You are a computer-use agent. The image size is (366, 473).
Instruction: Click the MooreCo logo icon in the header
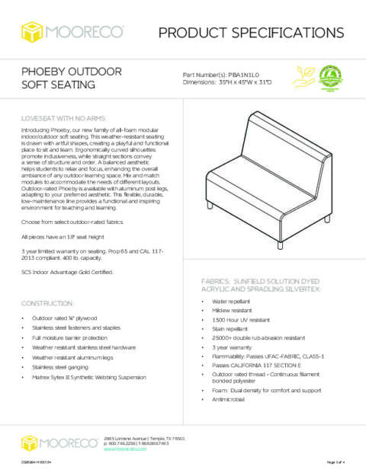[x=34, y=32]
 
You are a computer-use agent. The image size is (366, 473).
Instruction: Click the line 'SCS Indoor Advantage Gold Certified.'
[x=68, y=272]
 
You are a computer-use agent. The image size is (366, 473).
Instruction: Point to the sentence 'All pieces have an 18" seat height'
[x=66, y=238]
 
